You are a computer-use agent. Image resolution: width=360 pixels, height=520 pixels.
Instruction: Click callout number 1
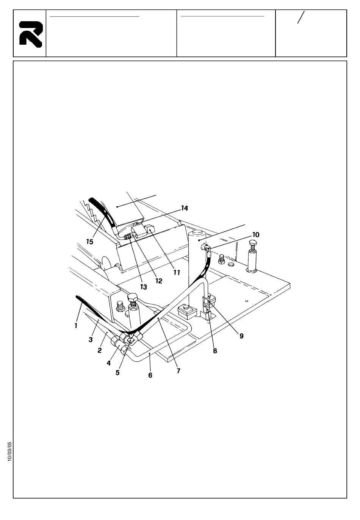(x=76, y=325)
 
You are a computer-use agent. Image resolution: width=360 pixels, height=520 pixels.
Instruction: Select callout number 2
(x=99, y=350)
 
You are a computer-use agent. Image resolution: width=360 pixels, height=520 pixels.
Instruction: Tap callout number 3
(x=91, y=340)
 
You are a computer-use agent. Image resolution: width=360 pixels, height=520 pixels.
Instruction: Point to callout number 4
(x=108, y=363)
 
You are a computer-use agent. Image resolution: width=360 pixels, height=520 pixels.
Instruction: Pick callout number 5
(x=117, y=372)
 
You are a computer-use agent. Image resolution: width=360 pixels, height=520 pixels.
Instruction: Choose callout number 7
(x=178, y=371)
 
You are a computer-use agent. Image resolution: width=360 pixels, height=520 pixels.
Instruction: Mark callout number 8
(x=215, y=351)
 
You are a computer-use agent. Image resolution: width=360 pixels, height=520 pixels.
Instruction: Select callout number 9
(x=241, y=336)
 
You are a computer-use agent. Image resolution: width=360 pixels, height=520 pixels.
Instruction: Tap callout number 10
(x=256, y=235)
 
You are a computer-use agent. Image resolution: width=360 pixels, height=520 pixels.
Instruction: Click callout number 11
(x=177, y=272)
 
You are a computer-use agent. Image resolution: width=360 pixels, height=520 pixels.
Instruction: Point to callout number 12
(x=158, y=281)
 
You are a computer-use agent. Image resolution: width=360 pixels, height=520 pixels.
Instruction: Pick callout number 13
(x=143, y=287)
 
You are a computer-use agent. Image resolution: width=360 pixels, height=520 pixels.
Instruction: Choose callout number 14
(x=185, y=208)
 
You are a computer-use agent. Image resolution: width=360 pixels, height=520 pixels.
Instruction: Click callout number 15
(x=89, y=242)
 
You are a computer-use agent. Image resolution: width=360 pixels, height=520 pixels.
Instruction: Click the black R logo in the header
(x=30, y=33)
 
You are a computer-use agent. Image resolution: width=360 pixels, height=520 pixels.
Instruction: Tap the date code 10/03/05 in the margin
(x=9, y=451)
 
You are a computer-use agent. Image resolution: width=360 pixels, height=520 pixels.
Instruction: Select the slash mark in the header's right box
(x=301, y=17)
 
